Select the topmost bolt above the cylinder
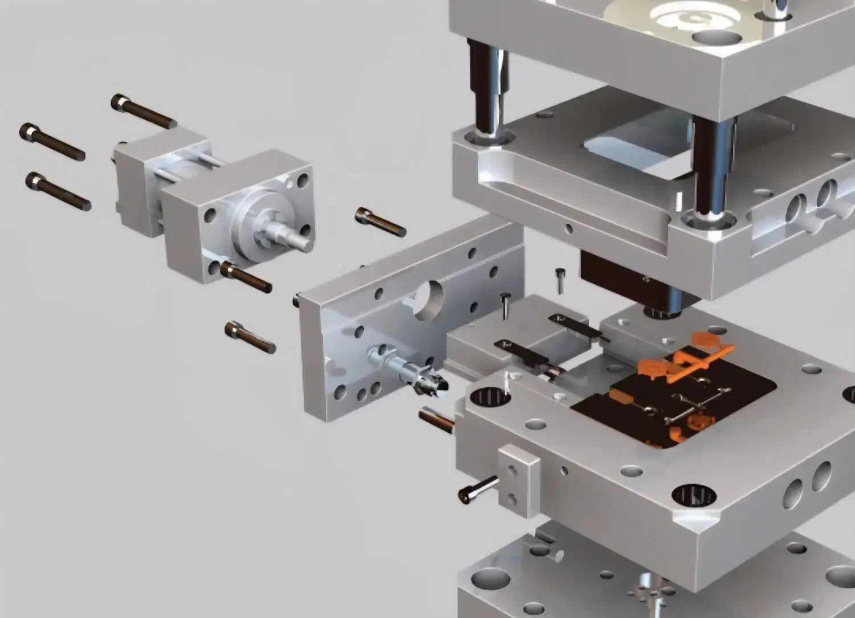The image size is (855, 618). [143, 111]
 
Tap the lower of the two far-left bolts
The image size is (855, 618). [58, 191]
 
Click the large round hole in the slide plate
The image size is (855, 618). [428, 299]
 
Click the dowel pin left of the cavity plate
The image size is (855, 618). [437, 419]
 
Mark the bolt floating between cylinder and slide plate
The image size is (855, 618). [380, 222]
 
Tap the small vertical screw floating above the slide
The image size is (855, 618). [560, 280]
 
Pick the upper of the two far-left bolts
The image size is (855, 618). [52, 141]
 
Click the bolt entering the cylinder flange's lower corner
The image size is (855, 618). [246, 277]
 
